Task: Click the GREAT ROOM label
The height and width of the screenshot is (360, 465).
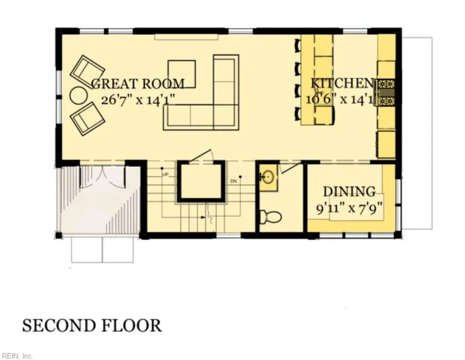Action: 138,84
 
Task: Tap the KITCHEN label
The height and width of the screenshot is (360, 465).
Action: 342,83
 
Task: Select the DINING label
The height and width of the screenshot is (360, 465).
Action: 349,192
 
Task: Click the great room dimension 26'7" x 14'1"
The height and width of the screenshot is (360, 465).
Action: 138,100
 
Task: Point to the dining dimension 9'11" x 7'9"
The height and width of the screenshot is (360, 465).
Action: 349,208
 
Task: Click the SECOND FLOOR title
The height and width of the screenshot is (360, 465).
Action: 92,325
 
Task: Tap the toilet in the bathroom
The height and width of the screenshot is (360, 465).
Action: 270,217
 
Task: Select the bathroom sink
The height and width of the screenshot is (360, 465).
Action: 268,177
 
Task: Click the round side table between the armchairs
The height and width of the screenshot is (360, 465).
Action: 79,95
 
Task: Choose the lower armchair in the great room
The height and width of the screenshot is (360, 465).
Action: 88,119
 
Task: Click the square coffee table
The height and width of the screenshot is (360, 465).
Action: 182,74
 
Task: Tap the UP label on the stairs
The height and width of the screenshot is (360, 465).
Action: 165,175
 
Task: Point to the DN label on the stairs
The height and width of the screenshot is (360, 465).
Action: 233,181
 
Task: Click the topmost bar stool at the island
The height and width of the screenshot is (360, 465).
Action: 297,45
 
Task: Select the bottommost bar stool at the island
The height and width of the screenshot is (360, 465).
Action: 297,114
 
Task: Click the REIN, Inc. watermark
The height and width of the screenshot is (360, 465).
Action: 17,356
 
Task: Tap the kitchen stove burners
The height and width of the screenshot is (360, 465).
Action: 386,93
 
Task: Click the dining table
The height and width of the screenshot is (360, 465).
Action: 357,207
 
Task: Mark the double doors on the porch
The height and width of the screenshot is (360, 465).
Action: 103,177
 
